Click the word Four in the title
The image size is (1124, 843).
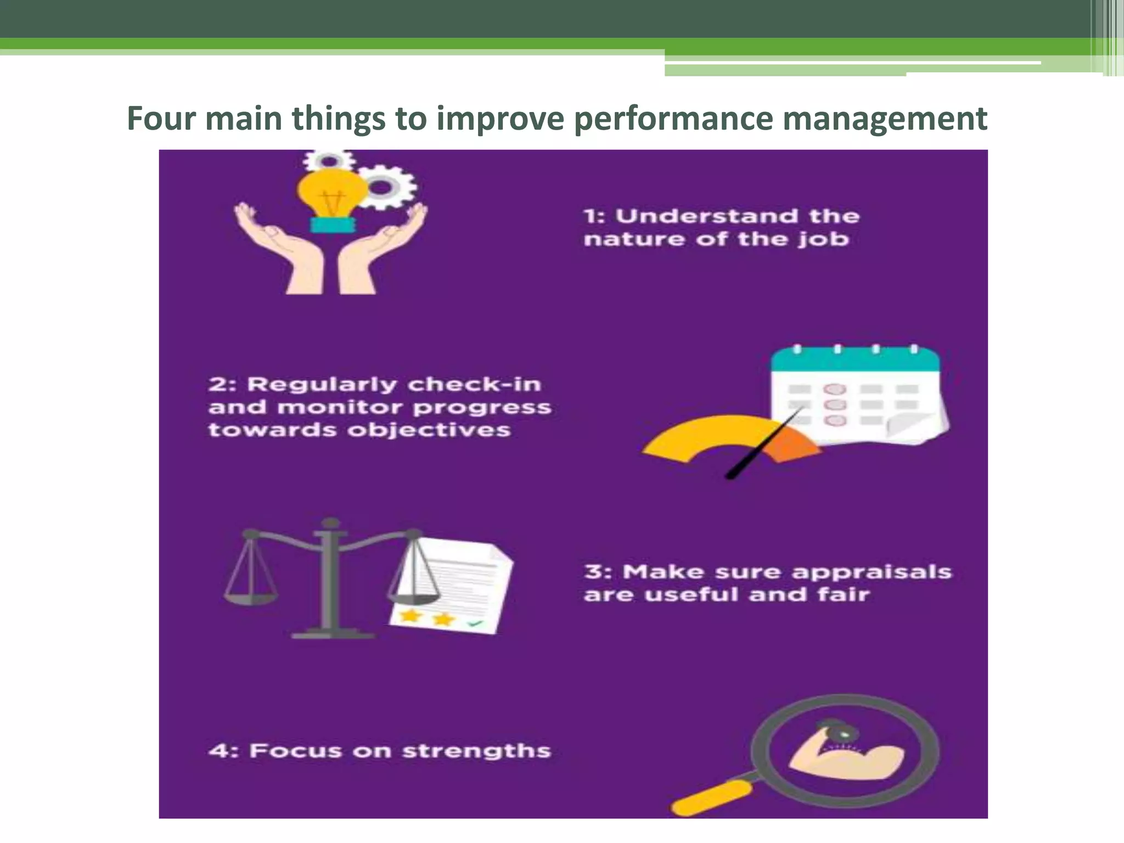pyautogui.click(x=160, y=118)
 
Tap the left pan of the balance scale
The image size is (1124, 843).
pyautogui.click(x=250, y=593)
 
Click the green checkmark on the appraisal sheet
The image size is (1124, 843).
pyautogui.click(x=474, y=623)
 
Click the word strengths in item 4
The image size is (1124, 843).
pyautogui.click(x=476, y=751)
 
